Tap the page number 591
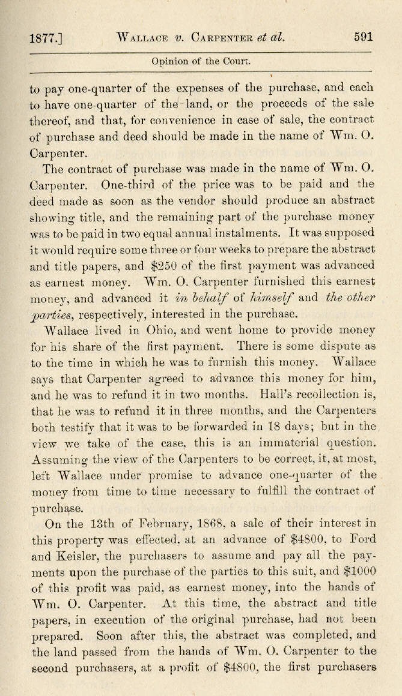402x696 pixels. [x=363, y=36]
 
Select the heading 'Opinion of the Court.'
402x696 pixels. [x=201, y=61]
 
